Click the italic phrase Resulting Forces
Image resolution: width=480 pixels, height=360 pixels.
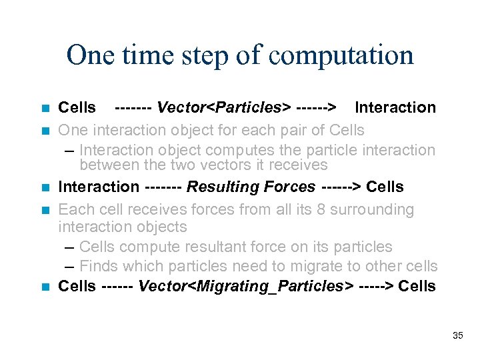251,187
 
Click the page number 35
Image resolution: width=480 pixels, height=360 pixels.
457,335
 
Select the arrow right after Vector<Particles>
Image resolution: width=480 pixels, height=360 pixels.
317,107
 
